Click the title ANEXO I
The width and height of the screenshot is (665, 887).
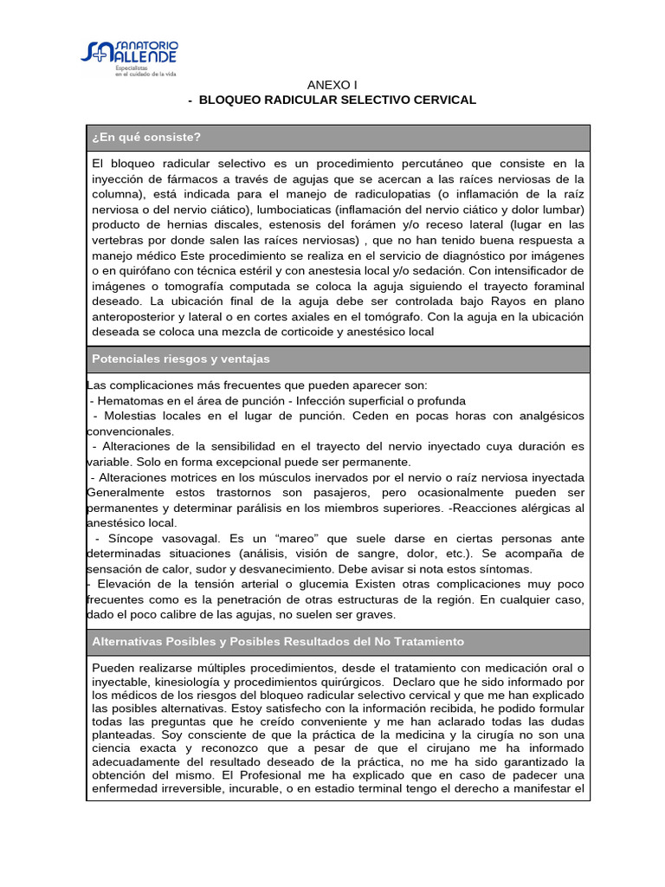(x=332, y=84)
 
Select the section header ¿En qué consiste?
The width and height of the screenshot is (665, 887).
(x=146, y=137)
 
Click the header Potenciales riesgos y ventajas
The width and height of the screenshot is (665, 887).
(x=181, y=359)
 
